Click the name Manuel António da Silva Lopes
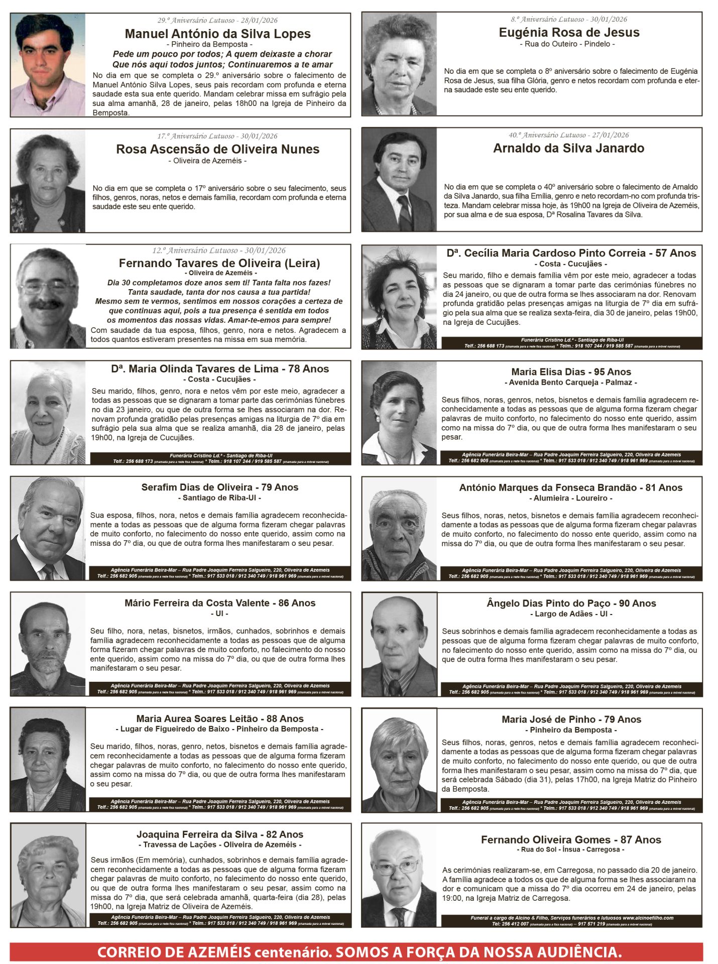[x=217, y=34]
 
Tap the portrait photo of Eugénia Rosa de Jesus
[x=399, y=64]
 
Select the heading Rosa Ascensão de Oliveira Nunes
[x=217, y=149]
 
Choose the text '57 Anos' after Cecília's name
[x=675, y=253]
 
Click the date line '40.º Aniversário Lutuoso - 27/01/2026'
[x=568, y=135]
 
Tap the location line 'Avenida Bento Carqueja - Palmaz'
[x=570, y=382]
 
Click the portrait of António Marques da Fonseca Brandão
[x=399, y=529]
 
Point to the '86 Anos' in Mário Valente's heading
[x=297, y=603]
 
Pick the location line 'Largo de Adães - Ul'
[x=571, y=614]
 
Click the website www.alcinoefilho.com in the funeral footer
[x=648, y=918]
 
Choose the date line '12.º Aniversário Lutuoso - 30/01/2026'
[x=218, y=251]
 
